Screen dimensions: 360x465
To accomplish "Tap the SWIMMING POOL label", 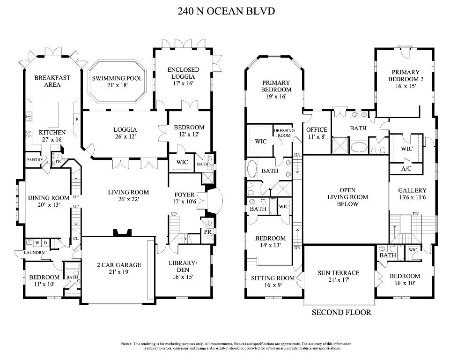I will [117, 78].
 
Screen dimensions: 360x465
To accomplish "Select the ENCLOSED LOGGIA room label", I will [184, 73].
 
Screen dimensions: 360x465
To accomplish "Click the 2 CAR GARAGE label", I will [118, 265].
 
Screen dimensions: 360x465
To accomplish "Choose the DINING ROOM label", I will [49, 198].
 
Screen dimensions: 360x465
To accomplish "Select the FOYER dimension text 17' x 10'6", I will [186, 201].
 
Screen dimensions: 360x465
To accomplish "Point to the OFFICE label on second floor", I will [317, 130].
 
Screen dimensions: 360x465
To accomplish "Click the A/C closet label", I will [406, 168].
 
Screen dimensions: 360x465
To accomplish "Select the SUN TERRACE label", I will [339, 273].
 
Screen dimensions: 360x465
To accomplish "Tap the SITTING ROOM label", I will [273, 278].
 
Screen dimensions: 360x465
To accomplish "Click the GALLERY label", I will [412, 190].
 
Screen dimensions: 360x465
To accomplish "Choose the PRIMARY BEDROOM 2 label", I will [406, 75].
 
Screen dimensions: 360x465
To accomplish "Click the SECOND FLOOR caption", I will [341, 312].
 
